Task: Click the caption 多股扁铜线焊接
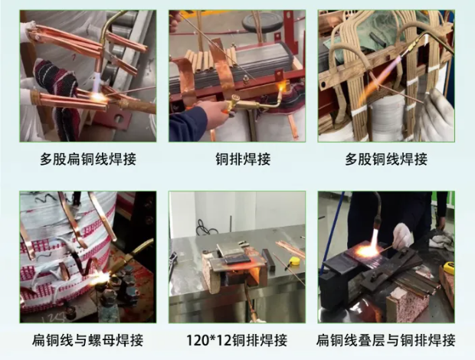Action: click(x=88, y=159)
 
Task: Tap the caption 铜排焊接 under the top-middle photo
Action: click(x=243, y=159)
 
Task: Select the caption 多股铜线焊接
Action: click(x=386, y=159)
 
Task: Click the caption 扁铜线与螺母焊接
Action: click(x=88, y=340)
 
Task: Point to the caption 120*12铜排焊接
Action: click(x=237, y=340)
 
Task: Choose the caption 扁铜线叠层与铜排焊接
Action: click(x=386, y=340)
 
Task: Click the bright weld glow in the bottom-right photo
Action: click(x=369, y=250)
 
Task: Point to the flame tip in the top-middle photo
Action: click(x=282, y=87)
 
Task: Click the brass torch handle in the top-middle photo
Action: click(x=247, y=103)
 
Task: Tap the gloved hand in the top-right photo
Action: click(x=438, y=116)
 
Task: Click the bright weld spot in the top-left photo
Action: click(x=98, y=97)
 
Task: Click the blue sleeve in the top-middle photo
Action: click(x=188, y=123)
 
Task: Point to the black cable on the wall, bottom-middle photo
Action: click(x=202, y=227)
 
